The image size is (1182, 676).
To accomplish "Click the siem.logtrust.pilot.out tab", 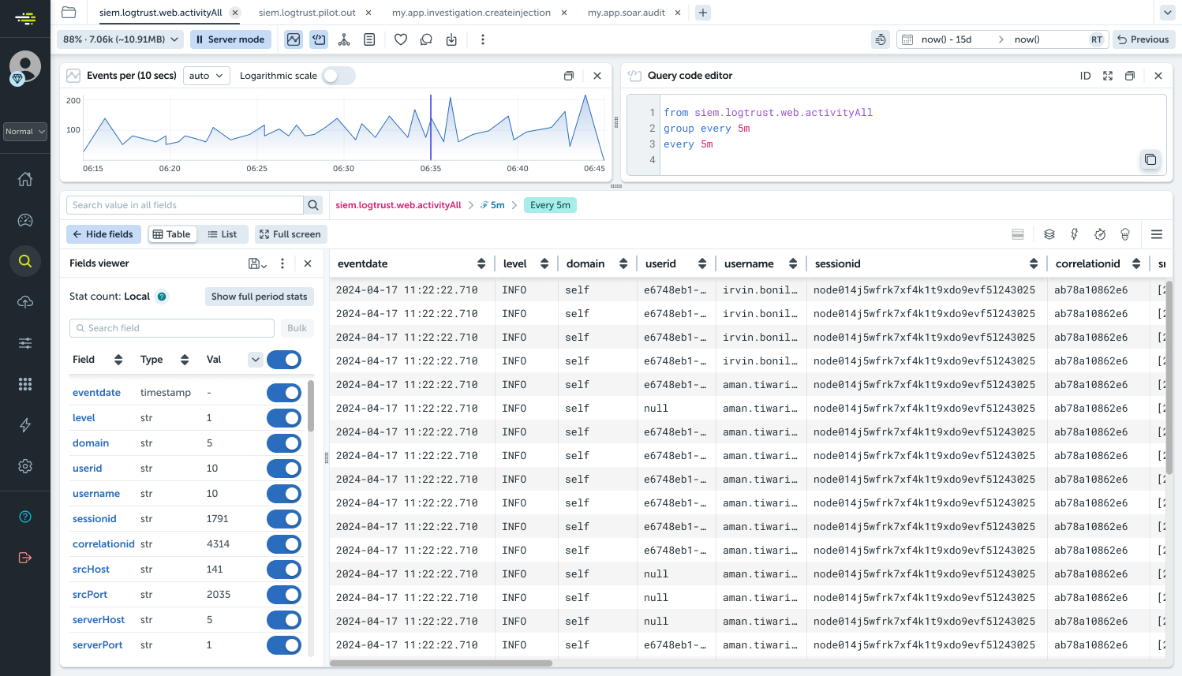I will pyautogui.click(x=307, y=13).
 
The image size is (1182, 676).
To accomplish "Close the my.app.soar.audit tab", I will pyautogui.click(x=678, y=13).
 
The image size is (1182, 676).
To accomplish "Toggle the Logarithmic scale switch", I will pyautogui.click(x=339, y=76).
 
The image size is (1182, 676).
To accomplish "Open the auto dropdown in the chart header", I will pyautogui.click(x=206, y=76).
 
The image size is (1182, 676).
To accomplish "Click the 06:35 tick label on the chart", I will pyautogui.click(x=431, y=169).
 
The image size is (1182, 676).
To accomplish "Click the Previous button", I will pyautogui.click(x=1143, y=39).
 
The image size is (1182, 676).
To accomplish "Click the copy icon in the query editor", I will pyautogui.click(x=1150, y=159).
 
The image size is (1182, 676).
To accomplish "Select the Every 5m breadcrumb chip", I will pyautogui.click(x=550, y=205).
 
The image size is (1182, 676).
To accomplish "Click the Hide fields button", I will pyautogui.click(x=103, y=234).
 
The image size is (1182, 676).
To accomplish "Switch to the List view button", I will pyautogui.click(x=222, y=234).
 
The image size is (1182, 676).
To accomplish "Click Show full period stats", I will pyautogui.click(x=259, y=297).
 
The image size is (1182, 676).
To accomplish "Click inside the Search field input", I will pyautogui.click(x=172, y=328).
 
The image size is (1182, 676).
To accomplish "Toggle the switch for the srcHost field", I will pyautogui.click(x=284, y=570).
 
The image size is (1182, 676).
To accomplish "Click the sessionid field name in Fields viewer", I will pyautogui.click(x=95, y=519).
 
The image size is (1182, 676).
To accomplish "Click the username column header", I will pyautogui.click(x=749, y=264).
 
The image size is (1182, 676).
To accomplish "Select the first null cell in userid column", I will pyautogui.click(x=656, y=409).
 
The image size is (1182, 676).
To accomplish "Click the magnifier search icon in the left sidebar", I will pyautogui.click(x=25, y=261).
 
